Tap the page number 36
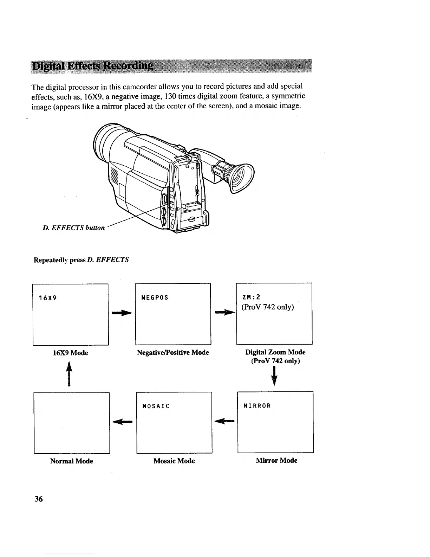[x=38, y=499]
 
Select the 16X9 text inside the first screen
[x=48, y=298]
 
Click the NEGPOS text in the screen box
[x=155, y=298]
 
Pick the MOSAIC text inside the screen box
[x=156, y=406]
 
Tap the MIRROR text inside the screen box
[x=257, y=406]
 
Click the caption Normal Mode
[x=72, y=461]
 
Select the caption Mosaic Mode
[x=174, y=461]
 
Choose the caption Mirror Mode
[x=276, y=461]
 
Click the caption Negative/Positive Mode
[x=173, y=352]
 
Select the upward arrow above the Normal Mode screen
[x=70, y=375]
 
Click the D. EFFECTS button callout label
[x=74, y=228]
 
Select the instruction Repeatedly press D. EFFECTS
[x=81, y=260]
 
